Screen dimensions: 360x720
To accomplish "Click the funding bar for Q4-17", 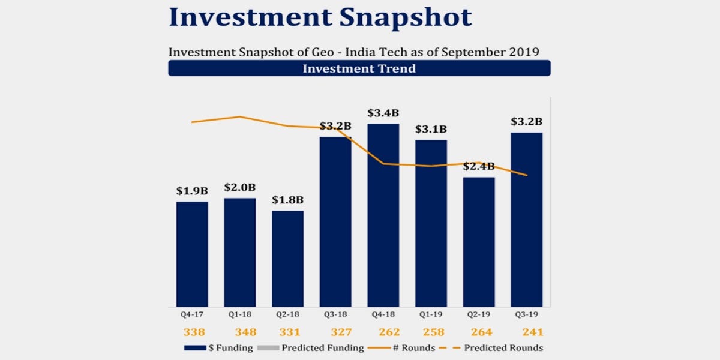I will pyautogui.click(x=192, y=254).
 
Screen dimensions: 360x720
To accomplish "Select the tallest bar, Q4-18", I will pyautogui.click(x=383, y=216).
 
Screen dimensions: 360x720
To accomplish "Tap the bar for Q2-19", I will pyautogui.click(x=479, y=242).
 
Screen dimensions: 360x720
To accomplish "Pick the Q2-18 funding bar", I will pyautogui.click(x=287, y=259).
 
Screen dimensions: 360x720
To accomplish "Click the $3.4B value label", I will pyautogui.click(x=383, y=113).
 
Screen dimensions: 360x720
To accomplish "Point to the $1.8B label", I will pyautogui.click(x=287, y=200).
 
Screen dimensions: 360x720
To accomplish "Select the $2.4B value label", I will pyautogui.click(x=479, y=166).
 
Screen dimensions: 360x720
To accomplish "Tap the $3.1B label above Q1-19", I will pyautogui.click(x=431, y=129).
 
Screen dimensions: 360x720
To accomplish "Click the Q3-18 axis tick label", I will pyautogui.click(x=335, y=314).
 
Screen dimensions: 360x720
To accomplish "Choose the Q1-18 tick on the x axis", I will pyautogui.click(x=239, y=314).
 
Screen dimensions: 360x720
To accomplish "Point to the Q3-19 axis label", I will pyautogui.click(x=527, y=314).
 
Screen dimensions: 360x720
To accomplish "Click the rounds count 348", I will pyautogui.click(x=239, y=332).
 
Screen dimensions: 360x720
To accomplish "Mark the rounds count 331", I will pyautogui.click(x=287, y=332).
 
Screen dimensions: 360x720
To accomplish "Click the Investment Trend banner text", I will pyautogui.click(x=359, y=68).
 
